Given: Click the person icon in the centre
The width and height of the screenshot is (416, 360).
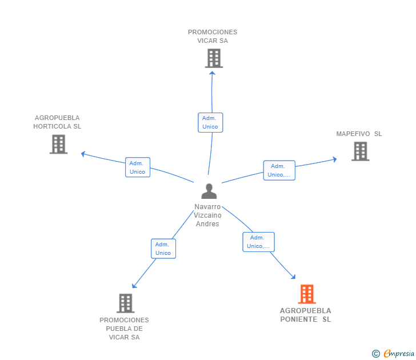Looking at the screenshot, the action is pyautogui.click(x=209, y=191).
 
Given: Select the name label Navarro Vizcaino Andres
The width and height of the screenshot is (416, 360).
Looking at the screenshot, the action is pyautogui.click(x=207, y=215).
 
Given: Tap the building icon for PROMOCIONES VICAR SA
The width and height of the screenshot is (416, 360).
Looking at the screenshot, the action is pyautogui.click(x=214, y=58).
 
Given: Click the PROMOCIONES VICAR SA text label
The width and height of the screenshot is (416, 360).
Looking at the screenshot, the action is pyautogui.click(x=213, y=37).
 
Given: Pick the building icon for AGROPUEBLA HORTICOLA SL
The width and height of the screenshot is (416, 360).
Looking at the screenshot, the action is pyautogui.click(x=59, y=145).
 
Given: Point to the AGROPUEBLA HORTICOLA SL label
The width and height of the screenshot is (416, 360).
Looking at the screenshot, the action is pyautogui.click(x=57, y=122).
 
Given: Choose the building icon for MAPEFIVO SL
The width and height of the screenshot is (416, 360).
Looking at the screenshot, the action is pyautogui.click(x=361, y=151).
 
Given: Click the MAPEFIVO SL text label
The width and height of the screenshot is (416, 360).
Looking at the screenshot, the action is pyautogui.click(x=359, y=134).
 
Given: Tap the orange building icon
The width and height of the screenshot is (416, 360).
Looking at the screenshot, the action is pyautogui.click(x=307, y=294).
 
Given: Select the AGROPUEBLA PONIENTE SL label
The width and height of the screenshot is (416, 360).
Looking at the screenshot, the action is pyautogui.click(x=306, y=315).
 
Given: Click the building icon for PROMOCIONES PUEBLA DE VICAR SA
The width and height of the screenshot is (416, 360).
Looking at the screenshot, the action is pyautogui.click(x=126, y=303).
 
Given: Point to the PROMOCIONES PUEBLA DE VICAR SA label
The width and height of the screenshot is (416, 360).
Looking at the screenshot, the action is pyautogui.click(x=124, y=329).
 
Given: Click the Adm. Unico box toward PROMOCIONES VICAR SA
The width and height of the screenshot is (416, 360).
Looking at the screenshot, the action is pyautogui.click(x=210, y=122).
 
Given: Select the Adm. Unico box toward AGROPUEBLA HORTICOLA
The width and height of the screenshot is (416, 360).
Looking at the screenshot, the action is pyautogui.click(x=138, y=167).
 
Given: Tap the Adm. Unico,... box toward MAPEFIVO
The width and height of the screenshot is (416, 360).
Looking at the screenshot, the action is pyautogui.click(x=279, y=170).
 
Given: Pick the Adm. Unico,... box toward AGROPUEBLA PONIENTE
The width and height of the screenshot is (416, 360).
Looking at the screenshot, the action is pyautogui.click(x=258, y=242).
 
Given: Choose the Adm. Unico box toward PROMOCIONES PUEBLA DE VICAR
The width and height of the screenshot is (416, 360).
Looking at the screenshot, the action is pyautogui.click(x=163, y=249).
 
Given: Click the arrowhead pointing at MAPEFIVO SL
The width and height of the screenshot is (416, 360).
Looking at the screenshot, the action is pyautogui.click(x=335, y=159).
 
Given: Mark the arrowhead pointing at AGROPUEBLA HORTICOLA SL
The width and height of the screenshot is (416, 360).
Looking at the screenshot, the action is pyautogui.click(x=83, y=154).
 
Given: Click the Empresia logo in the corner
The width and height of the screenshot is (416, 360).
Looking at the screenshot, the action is pyautogui.click(x=393, y=354).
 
